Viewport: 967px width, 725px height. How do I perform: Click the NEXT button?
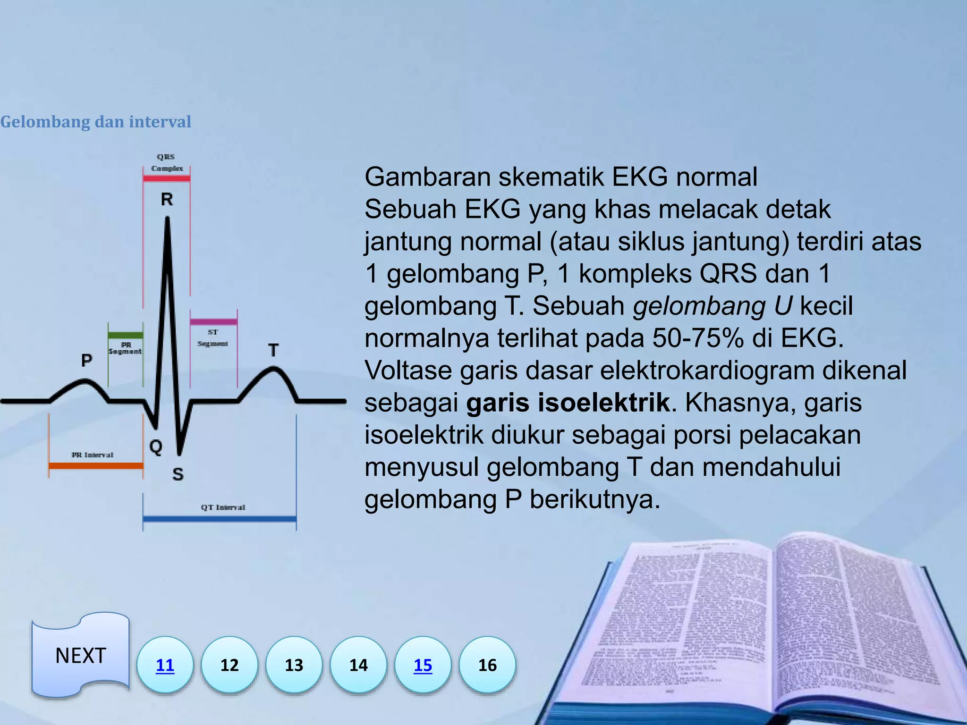point(80,655)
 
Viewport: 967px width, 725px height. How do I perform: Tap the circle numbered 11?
point(165,665)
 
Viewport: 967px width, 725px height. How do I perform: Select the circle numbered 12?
point(229,665)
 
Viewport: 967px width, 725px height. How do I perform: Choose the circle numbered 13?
point(294,665)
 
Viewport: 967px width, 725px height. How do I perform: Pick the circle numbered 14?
point(358,665)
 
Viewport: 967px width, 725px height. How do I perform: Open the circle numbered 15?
point(423,665)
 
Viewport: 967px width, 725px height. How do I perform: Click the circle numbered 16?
point(487,665)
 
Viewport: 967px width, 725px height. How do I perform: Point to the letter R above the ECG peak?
point(167,200)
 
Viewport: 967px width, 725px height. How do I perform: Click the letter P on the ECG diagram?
point(86,361)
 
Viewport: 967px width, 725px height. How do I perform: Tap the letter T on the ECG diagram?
point(273,351)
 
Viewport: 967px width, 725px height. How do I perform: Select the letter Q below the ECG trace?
point(156,447)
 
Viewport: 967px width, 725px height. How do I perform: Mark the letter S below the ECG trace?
point(178,474)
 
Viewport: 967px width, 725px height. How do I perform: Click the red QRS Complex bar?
point(167,178)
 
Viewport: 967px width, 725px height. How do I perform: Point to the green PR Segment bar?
point(125,335)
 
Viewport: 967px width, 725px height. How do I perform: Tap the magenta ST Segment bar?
point(213,322)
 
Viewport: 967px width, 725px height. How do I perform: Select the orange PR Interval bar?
point(96,466)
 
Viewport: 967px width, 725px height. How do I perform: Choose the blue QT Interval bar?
point(220,519)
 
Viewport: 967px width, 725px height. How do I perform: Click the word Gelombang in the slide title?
point(45,122)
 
